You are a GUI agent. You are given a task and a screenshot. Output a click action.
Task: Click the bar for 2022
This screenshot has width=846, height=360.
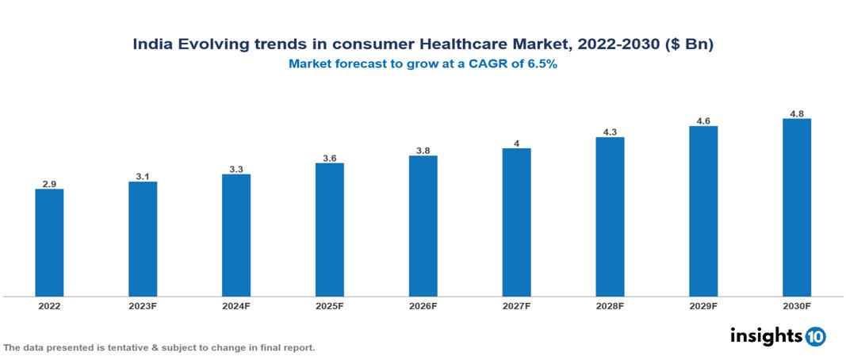click(49, 243)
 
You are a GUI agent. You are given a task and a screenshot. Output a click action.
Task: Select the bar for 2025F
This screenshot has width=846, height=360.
click(329, 230)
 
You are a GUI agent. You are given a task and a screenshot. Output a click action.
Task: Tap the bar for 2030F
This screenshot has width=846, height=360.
click(796, 208)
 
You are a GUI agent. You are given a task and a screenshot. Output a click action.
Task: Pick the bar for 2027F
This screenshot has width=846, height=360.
click(516, 222)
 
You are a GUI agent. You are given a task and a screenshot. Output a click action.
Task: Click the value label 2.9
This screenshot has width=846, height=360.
click(49, 184)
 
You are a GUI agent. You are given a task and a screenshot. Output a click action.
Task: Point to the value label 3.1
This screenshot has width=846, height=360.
click(143, 177)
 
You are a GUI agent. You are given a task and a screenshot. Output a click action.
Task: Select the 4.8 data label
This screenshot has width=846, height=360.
click(797, 114)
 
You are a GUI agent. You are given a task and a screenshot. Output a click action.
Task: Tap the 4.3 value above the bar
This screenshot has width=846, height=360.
click(610, 132)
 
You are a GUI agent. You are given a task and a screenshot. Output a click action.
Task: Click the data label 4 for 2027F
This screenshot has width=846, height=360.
click(516, 144)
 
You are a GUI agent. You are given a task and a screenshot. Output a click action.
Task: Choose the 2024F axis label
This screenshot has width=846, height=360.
click(235, 305)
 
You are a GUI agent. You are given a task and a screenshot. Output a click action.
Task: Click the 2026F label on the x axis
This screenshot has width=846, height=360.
click(423, 305)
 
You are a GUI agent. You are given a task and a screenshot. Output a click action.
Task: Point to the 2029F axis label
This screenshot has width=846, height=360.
click(702, 305)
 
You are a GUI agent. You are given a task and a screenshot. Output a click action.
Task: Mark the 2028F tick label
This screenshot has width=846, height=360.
click(610, 305)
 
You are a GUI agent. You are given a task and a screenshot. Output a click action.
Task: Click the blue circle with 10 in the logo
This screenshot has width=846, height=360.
click(815, 337)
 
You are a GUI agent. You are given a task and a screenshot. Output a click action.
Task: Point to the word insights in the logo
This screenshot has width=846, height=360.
click(766, 336)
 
